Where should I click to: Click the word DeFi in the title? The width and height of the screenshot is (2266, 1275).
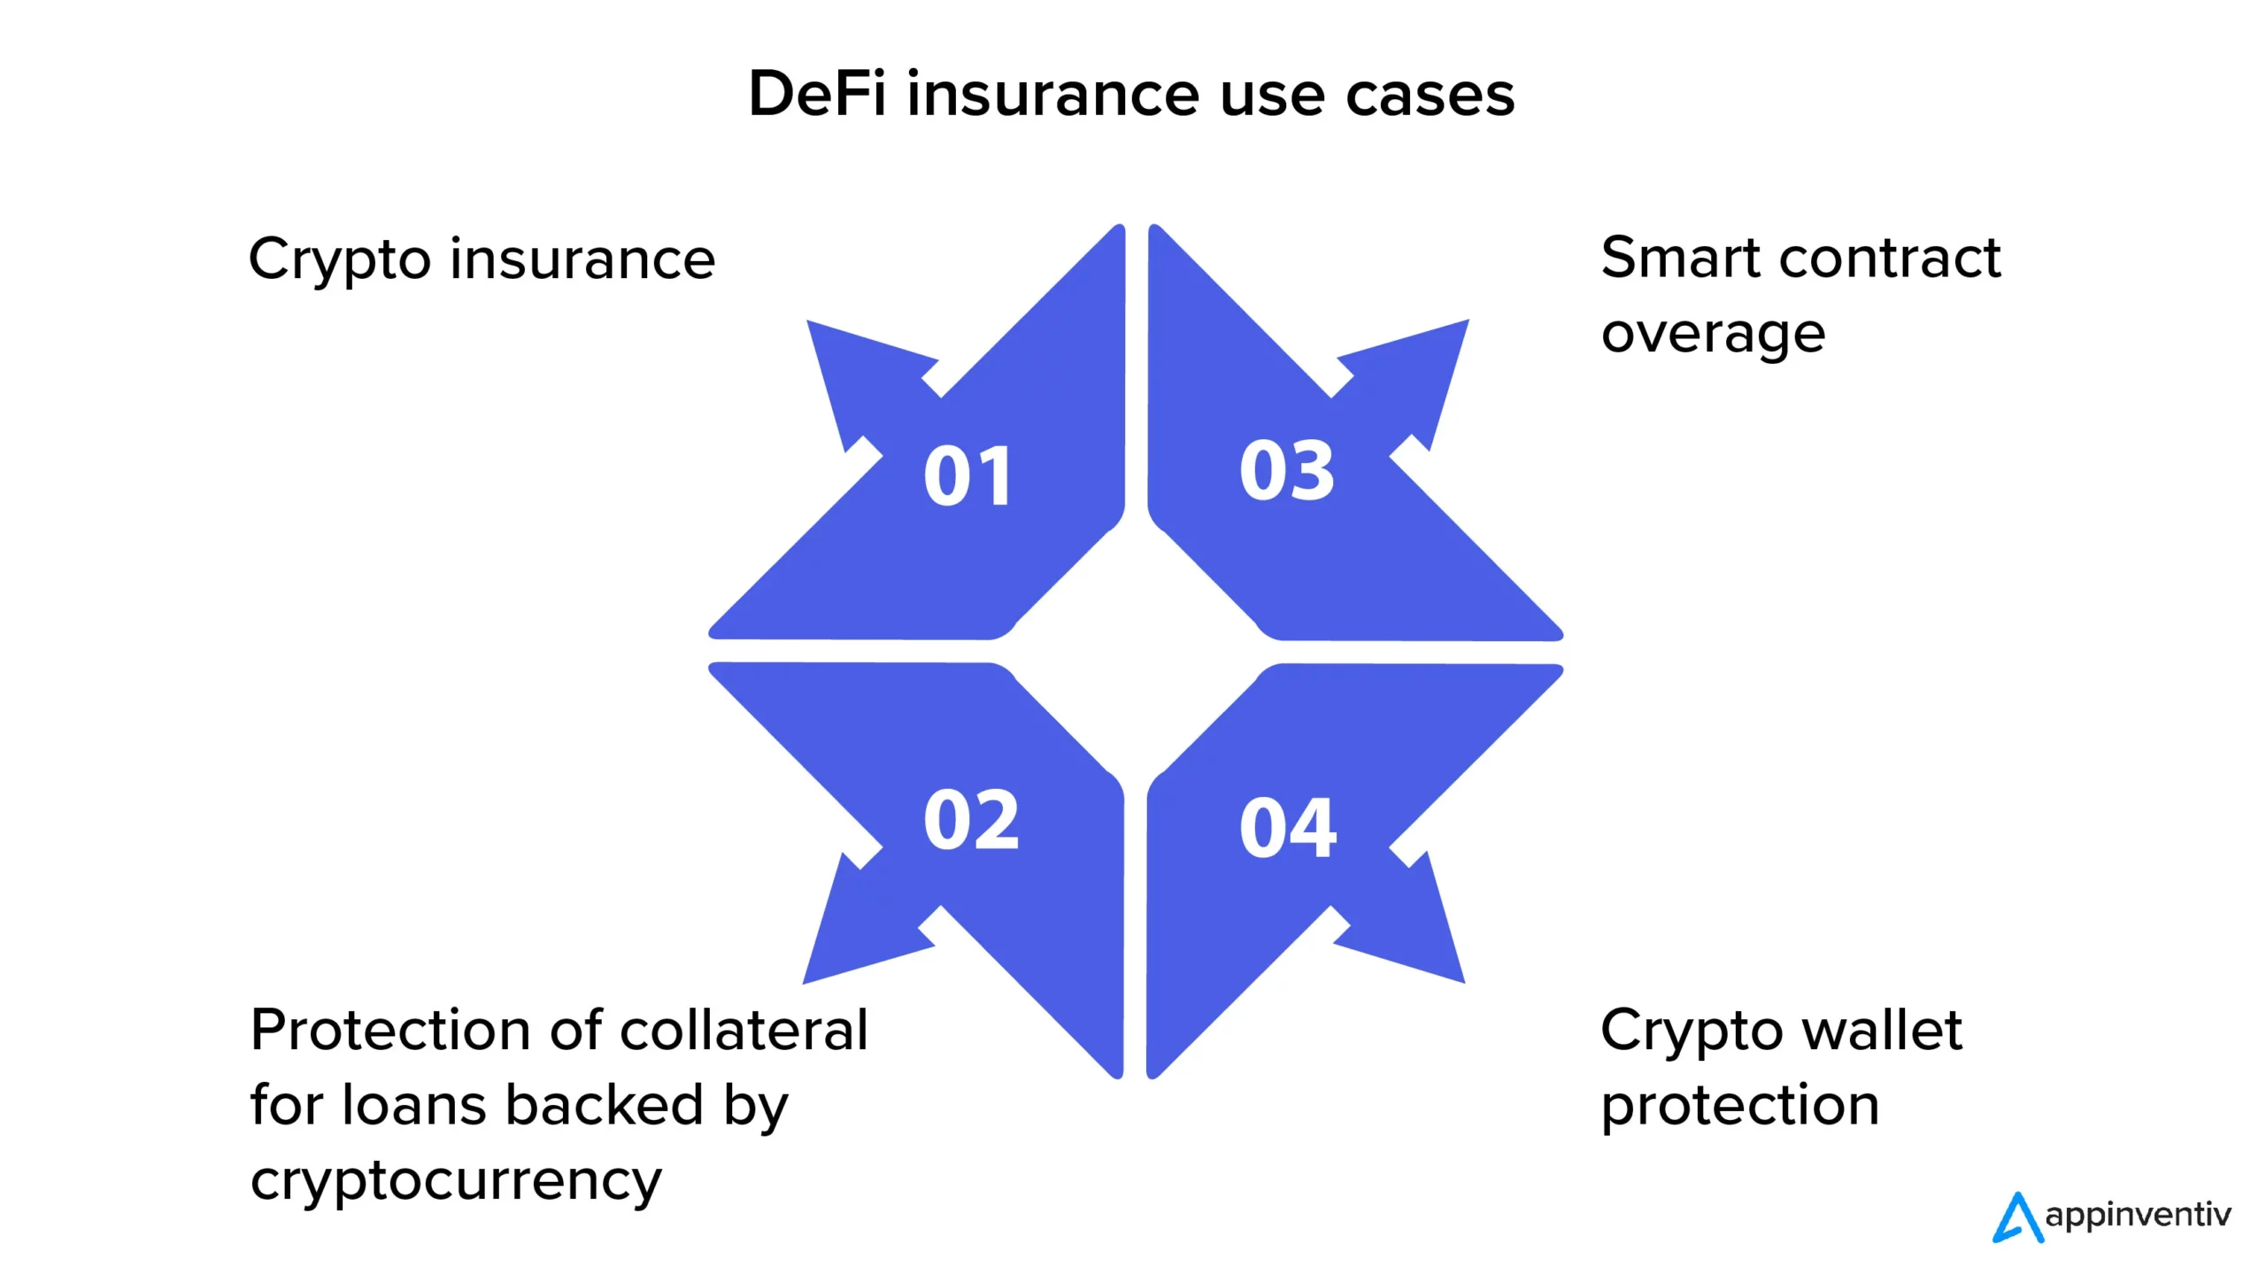click(816, 94)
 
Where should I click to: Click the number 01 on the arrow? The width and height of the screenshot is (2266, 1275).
click(968, 476)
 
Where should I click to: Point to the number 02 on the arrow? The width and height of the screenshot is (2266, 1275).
click(971, 820)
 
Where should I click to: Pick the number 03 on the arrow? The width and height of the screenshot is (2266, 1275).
click(1287, 470)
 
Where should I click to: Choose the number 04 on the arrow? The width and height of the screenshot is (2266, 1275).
click(1288, 828)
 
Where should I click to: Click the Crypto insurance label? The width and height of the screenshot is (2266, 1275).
click(482, 260)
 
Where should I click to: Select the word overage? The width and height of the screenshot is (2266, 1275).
click(1713, 335)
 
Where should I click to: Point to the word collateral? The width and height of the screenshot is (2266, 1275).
click(744, 1031)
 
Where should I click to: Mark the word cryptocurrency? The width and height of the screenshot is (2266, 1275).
click(456, 1181)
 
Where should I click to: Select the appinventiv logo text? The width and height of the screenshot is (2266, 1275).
click(2138, 1215)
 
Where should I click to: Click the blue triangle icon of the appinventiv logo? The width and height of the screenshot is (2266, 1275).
click(2017, 1219)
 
